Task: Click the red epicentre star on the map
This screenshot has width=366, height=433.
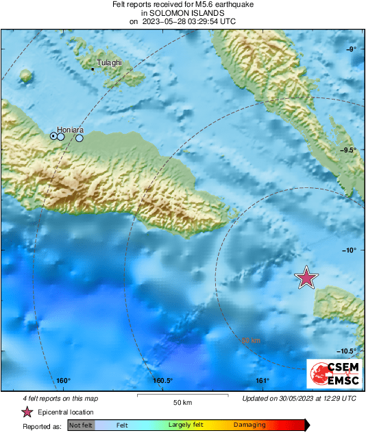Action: pos(306,277)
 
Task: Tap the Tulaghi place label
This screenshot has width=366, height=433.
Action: pos(110,62)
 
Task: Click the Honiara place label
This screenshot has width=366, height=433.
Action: pos(70,129)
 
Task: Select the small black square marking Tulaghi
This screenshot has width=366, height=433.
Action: pos(93,69)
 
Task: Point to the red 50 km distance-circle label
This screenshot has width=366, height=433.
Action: pos(251,340)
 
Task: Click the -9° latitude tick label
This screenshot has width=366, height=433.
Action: pos(350,49)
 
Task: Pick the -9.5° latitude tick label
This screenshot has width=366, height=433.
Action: pos(347,150)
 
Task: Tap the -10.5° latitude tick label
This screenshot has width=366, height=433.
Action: pos(346,351)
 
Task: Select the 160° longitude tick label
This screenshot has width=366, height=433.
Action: pos(64,381)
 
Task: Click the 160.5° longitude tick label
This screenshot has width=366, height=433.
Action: pos(162,381)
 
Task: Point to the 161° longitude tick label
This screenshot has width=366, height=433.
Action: pos(262,381)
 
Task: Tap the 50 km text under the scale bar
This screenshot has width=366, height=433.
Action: pos(182,401)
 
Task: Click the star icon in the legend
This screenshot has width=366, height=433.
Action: pos(27,412)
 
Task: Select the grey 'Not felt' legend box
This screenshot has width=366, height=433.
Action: pos(80,425)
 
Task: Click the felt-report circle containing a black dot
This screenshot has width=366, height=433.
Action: pos(53,136)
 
